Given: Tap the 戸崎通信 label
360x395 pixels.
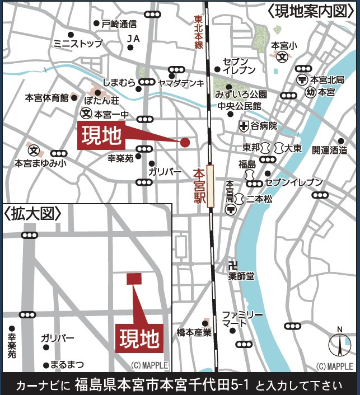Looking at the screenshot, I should click(x=119, y=23).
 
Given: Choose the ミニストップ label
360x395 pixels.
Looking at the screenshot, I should click(x=78, y=43).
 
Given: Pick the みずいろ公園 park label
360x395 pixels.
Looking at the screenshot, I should click(x=241, y=95).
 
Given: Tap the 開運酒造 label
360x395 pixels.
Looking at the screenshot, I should click(x=329, y=150).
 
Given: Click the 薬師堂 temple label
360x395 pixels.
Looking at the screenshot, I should click(x=242, y=276).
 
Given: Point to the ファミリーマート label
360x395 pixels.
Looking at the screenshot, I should click(x=242, y=318).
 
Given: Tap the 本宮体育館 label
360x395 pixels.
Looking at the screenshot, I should click(x=46, y=98).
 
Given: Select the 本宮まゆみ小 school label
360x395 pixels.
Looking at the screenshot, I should click(x=40, y=163).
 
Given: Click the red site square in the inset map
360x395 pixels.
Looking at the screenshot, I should click(x=134, y=278).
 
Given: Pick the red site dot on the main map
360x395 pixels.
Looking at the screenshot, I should click(x=185, y=142).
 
